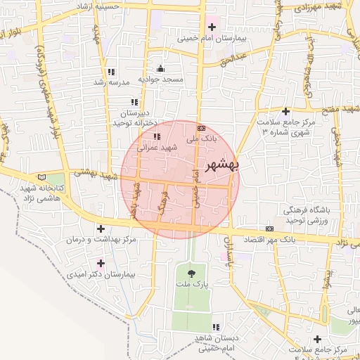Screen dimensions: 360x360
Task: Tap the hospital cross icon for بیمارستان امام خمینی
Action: tap(212, 27)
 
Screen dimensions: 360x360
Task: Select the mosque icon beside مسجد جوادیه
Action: tap(161, 68)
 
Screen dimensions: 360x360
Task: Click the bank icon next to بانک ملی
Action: tap(202, 128)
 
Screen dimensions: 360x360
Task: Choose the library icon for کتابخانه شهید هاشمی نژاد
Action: tap(44, 177)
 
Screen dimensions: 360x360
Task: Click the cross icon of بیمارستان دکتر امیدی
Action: tap(101, 262)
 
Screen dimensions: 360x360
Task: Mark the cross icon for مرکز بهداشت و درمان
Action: tap(101, 229)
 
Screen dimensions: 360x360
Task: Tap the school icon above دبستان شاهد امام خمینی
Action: tap(216, 327)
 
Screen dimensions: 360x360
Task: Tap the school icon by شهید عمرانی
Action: tap(157, 136)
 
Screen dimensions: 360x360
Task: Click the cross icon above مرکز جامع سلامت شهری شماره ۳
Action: tap(285, 111)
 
